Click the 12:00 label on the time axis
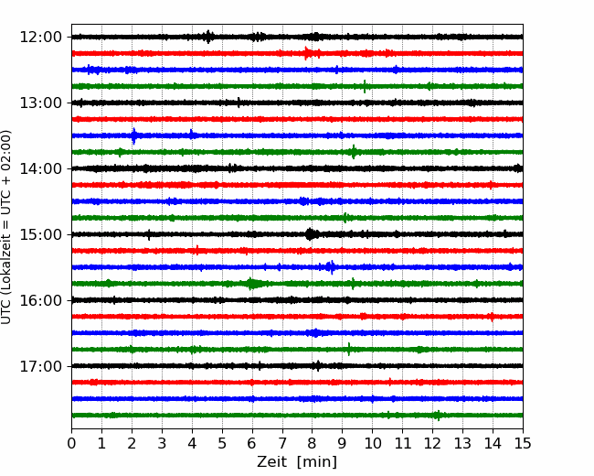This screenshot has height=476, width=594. pos(40,38)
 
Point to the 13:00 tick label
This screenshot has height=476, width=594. pos(40,103)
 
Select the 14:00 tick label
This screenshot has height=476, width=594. pos(40,168)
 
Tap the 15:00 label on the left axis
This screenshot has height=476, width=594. pos(40,234)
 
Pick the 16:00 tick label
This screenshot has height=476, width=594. pos(40,300)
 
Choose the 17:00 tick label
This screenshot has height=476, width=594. pos(40,366)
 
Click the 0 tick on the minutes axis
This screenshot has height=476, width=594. pos(71,443)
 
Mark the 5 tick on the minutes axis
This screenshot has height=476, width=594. pos(222,443)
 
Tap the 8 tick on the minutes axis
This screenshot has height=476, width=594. pos(313,443)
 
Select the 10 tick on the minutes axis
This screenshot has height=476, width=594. pos(372,443)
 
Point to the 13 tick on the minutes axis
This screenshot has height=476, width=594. pos(462,443)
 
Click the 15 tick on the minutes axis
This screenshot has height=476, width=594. pos(523,443)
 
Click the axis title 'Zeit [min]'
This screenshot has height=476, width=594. pos(297,462)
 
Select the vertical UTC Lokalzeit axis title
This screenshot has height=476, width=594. pos(6,227)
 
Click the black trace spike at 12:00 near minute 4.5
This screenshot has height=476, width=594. pos(208,37)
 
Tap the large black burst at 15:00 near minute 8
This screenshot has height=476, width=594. pos(311,234)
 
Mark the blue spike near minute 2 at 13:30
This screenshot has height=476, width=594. pos(133,135)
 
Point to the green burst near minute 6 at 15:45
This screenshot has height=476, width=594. pos(250,284)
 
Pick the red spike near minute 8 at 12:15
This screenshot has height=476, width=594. pos(306,53)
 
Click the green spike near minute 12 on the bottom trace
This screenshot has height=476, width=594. pos(439,416)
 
